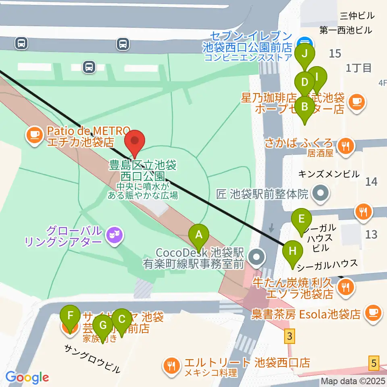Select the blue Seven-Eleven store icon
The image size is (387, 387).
[x=305, y=42]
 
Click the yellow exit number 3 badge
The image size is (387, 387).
[x=289, y=336]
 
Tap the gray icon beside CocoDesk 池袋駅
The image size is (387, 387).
[x=256, y=257]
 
